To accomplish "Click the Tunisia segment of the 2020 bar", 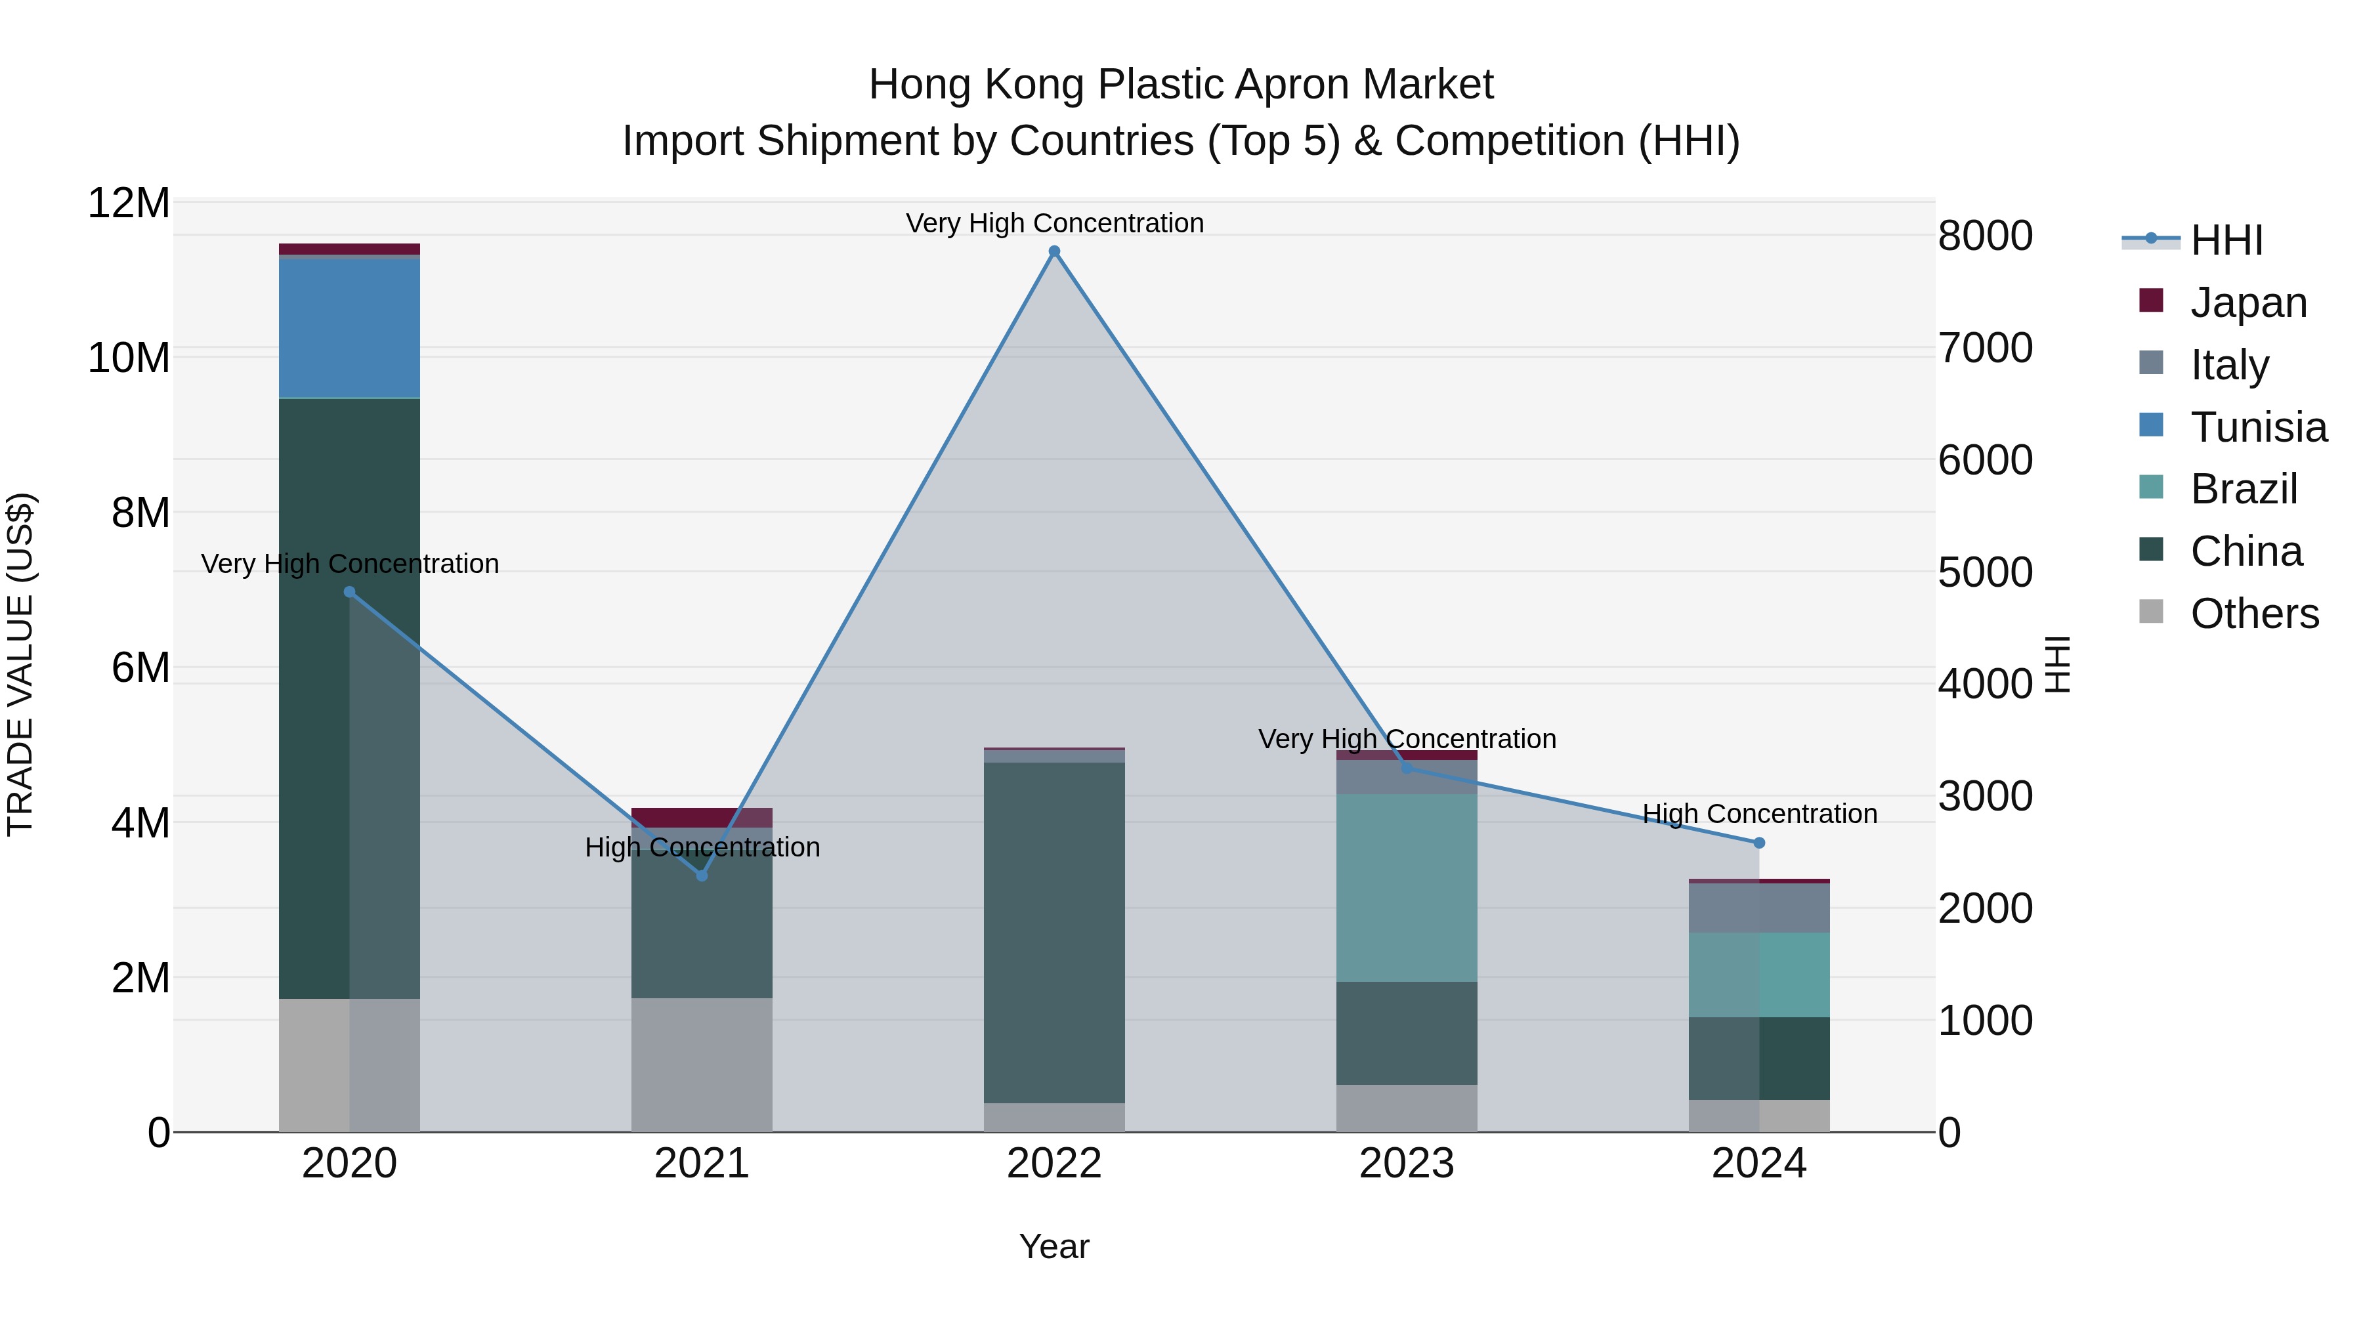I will (349, 328).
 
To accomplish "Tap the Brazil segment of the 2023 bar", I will (1406, 888).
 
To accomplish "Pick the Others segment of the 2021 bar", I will (702, 1064).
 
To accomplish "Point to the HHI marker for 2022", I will (1054, 251).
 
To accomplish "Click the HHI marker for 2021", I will (702, 875).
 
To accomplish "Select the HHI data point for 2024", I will (1758, 842).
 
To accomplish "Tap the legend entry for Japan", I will (2247, 303).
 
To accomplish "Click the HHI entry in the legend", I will (2226, 240).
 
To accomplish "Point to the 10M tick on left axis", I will (129, 358).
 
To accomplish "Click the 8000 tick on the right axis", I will (1985, 236).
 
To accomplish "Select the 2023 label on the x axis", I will (1406, 1164).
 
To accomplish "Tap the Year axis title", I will (1054, 1246).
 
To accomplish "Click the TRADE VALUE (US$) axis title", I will (20, 664).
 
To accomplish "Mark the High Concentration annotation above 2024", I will (1758, 814).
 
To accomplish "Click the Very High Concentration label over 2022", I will (1054, 223).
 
